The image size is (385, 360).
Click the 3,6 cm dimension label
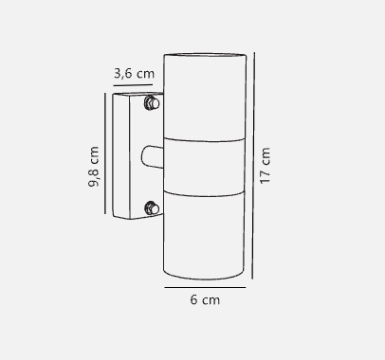pyautogui.click(x=134, y=74)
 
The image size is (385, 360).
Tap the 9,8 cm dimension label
pyautogui.click(x=94, y=167)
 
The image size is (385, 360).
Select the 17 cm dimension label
pyautogui.click(x=265, y=165)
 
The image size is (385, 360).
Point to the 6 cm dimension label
pyautogui.click(x=205, y=299)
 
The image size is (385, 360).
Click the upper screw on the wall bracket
pyautogui.click(x=152, y=103)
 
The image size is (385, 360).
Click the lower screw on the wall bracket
pyautogui.click(x=152, y=208)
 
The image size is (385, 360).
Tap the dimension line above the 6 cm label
pyautogui.click(x=205, y=287)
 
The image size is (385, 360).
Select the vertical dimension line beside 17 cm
pyautogui.click(x=253, y=166)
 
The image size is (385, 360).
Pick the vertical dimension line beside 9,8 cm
pyautogui.click(x=105, y=153)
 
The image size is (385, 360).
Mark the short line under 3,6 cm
pyautogui.click(x=133, y=85)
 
